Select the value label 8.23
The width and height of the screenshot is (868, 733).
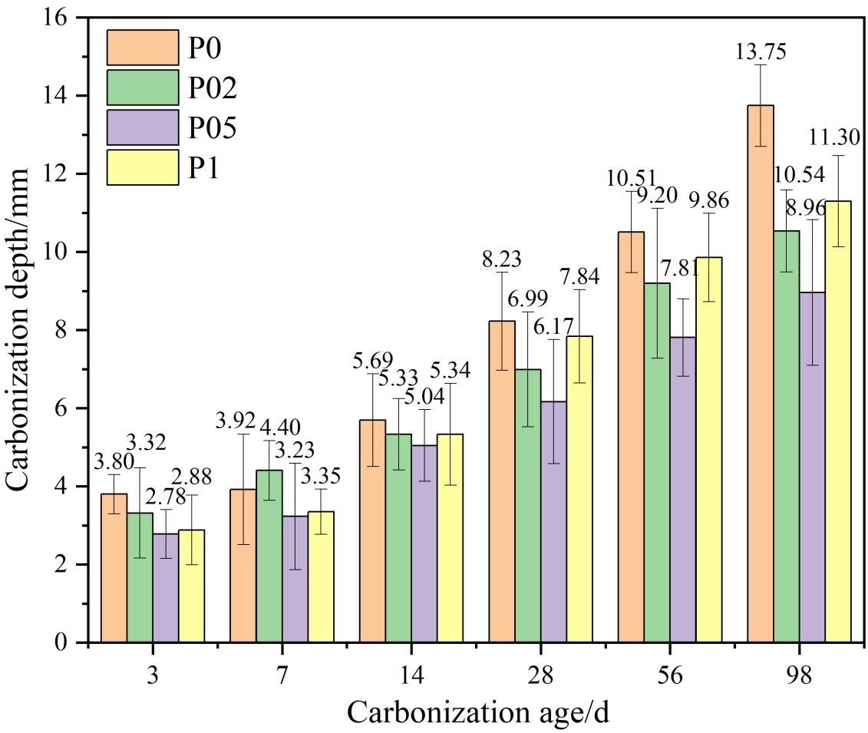[x=501, y=259]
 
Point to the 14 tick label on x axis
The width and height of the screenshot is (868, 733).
[x=411, y=675]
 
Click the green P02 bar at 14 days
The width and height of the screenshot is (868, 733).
[x=398, y=538]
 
